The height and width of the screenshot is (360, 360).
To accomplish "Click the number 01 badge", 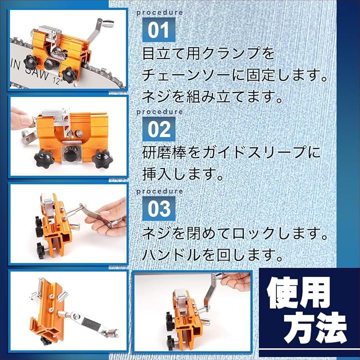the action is [159, 30].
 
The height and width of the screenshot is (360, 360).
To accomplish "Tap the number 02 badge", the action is [159, 129].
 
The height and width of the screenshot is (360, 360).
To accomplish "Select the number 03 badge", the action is [159, 208].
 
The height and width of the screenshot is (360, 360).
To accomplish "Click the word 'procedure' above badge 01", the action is [159, 12].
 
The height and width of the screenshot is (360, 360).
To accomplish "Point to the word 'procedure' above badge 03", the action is [159, 191].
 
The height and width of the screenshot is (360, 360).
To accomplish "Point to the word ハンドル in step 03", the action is [171, 255].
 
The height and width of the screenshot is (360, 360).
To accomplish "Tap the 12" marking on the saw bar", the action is [56, 80].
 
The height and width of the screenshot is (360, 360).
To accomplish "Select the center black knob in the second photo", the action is [71, 154].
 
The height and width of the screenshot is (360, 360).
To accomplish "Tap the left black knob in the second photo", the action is [44, 158].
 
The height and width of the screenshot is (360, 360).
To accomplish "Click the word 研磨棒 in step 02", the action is [164, 152].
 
